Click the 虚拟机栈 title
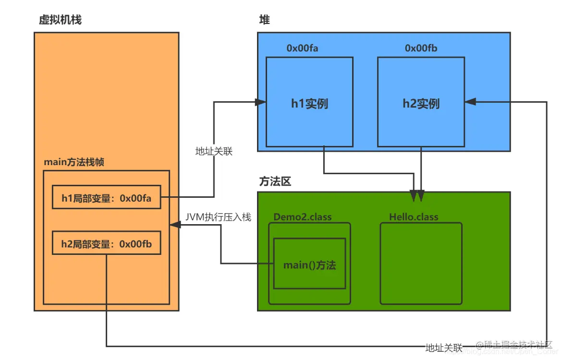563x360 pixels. pyautogui.click(x=60, y=20)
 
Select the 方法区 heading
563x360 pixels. pyautogui.click(x=275, y=182)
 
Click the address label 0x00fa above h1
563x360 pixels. pyautogui.click(x=302, y=48)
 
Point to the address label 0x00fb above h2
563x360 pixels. pyautogui.click(x=421, y=48)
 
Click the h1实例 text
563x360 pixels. pyautogui.click(x=309, y=104)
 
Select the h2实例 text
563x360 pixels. pyautogui.click(x=421, y=104)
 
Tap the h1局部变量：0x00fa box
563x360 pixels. pyautogui.click(x=106, y=197)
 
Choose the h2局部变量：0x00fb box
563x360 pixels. pyautogui.click(x=106, y=244)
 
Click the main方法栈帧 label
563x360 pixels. pyautogui.click(x=74, y=162)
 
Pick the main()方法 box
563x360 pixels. pyautogui.click(x=309, y=264)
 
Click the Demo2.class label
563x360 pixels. pyautogui.click(x=302, y=217)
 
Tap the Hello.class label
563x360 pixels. pyautogui.click(x=414, y=217)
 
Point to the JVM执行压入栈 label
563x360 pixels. pyautogui.click(x=218, y=217)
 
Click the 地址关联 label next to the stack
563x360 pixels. pyautogui.click(x=213, y=151)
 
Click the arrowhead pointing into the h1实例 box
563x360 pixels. pyautogui.click(x=261, y=102)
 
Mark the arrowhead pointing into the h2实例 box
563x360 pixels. pyautogui.click(x=470, y=101)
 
